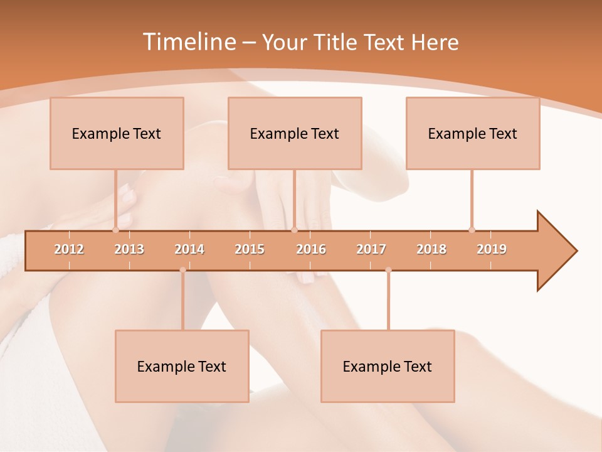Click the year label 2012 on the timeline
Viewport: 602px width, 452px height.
[x=69, y=249]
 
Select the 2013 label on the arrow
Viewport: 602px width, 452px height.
[x=129, y=249]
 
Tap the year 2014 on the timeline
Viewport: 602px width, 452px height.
[x=189, y=249]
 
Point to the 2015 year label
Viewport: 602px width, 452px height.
[x=250, y=249]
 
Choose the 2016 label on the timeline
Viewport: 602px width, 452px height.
[x=311, y=249]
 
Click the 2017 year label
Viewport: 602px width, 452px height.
[x=371, y=249]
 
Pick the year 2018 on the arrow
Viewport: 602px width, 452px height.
[x=431, y=249]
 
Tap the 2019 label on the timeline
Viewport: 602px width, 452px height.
[x=492, y=249]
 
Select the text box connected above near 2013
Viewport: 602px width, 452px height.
[x=117, y=133]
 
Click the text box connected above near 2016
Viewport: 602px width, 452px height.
[x=295, y=133]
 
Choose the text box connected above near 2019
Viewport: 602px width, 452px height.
[x=473, y=133]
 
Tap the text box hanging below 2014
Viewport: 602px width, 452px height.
[x=182, y=366]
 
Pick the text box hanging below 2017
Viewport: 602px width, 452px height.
[x=388, y=366]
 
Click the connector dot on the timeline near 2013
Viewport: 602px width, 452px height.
[x=115, y=230]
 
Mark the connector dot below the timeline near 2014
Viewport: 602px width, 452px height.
[x=182, y=270]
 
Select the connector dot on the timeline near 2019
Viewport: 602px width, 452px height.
[x=472, y=230]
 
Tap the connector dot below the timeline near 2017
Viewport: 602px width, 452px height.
[x=388, y=270]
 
